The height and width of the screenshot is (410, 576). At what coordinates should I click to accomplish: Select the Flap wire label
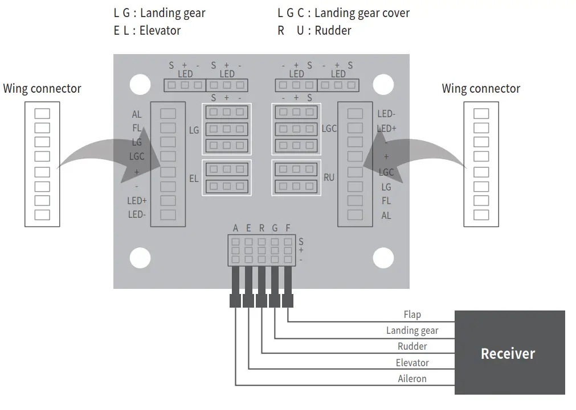[x=412, y=314]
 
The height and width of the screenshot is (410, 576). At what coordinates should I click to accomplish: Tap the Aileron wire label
[x=412, y=379]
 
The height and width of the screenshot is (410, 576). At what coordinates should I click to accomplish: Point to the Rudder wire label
[x=412, y=346]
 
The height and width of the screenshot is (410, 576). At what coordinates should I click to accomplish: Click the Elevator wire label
[x=412, y=363]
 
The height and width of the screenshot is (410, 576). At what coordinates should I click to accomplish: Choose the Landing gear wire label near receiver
[x=412, y=330]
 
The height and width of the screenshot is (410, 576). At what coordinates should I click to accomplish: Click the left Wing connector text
[x=42, y=89]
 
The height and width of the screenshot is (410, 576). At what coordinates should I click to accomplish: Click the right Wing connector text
[x=481, y=89]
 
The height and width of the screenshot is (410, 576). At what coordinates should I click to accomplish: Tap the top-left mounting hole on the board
[x=140, y=85]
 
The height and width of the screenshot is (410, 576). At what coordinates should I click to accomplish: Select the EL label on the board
[x=194, y=179]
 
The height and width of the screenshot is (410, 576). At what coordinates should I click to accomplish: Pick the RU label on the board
[x=329, y=177]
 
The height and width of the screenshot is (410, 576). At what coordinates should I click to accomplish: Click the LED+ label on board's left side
[x=137, y=201]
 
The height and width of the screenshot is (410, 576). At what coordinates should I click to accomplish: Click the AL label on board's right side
[x=386, y=216]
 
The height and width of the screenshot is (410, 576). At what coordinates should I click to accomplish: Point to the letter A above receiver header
[x=235, y=228]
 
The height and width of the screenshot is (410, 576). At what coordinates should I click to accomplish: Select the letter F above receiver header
[x=288, y=228]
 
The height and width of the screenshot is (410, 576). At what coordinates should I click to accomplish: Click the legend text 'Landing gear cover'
[x=362, y=13]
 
